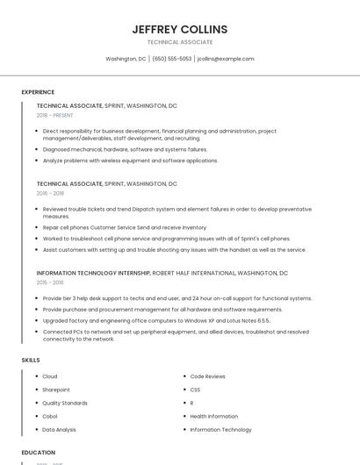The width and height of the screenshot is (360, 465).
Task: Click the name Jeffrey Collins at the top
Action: pyautogui.click(x=180, y=29)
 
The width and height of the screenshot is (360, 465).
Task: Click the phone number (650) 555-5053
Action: pyautogui.click(x=172, y=59)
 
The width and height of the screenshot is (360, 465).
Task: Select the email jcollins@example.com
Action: pyautogui.click(x=226, y=59)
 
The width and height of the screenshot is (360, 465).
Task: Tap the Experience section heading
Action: pyautogui.click(x=38, y=92)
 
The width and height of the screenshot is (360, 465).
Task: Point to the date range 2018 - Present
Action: pyautogui.click(x=55, y=115)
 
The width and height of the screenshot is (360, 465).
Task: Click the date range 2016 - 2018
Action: pyautogui.click(x=51, y=193)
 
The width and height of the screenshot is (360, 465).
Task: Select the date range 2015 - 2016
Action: pyautogui.click(x=51, y=283)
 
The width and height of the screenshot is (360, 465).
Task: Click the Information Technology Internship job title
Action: pyautogui.click(x=93, y=273)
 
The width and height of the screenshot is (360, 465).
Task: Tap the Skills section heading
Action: pyautogui.click(x=31, y=360)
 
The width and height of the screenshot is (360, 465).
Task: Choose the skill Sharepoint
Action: pyautogui.click(x=56, y=390)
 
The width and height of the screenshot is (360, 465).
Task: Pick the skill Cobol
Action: pyautogui.click(x=50, y=416)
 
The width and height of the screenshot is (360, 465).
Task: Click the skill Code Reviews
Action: pyautogui.click(x=208, y=376)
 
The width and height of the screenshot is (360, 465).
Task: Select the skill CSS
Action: pyautogui.click(x=195, y=390)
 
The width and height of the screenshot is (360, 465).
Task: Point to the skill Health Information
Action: pyautogui.click(x=214, y=416)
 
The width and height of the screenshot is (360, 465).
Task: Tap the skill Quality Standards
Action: pyautogui.click(x=65, y=403)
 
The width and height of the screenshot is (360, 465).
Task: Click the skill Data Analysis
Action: pyautogui.click(x=60, y=430)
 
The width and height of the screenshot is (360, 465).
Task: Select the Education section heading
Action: pyautogui.click(x=38, y=453)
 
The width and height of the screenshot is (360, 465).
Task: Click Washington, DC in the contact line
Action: pyautogui.click(x=126, y=59)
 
